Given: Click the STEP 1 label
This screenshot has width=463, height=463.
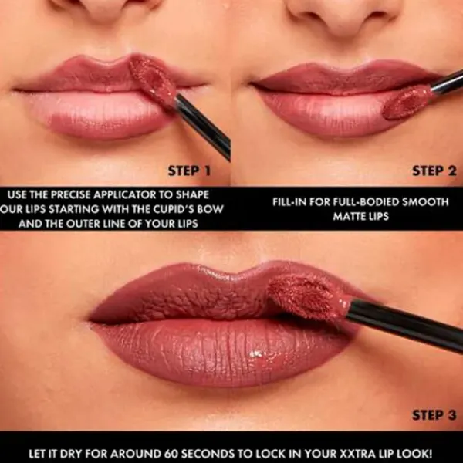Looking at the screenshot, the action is click(189, 171).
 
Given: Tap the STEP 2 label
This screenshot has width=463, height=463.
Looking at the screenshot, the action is click(434, 171).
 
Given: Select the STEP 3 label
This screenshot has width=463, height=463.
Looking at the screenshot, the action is click(434, 415).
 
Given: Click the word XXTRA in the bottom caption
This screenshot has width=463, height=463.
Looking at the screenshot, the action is click(344, 453).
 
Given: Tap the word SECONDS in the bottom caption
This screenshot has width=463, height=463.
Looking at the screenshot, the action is click(205, 453).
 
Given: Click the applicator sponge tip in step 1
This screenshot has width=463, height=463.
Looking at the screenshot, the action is click(152, 79).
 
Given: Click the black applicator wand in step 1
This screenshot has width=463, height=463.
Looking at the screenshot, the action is click(203, 127).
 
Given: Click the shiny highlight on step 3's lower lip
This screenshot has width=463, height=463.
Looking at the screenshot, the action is click(256, 353).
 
